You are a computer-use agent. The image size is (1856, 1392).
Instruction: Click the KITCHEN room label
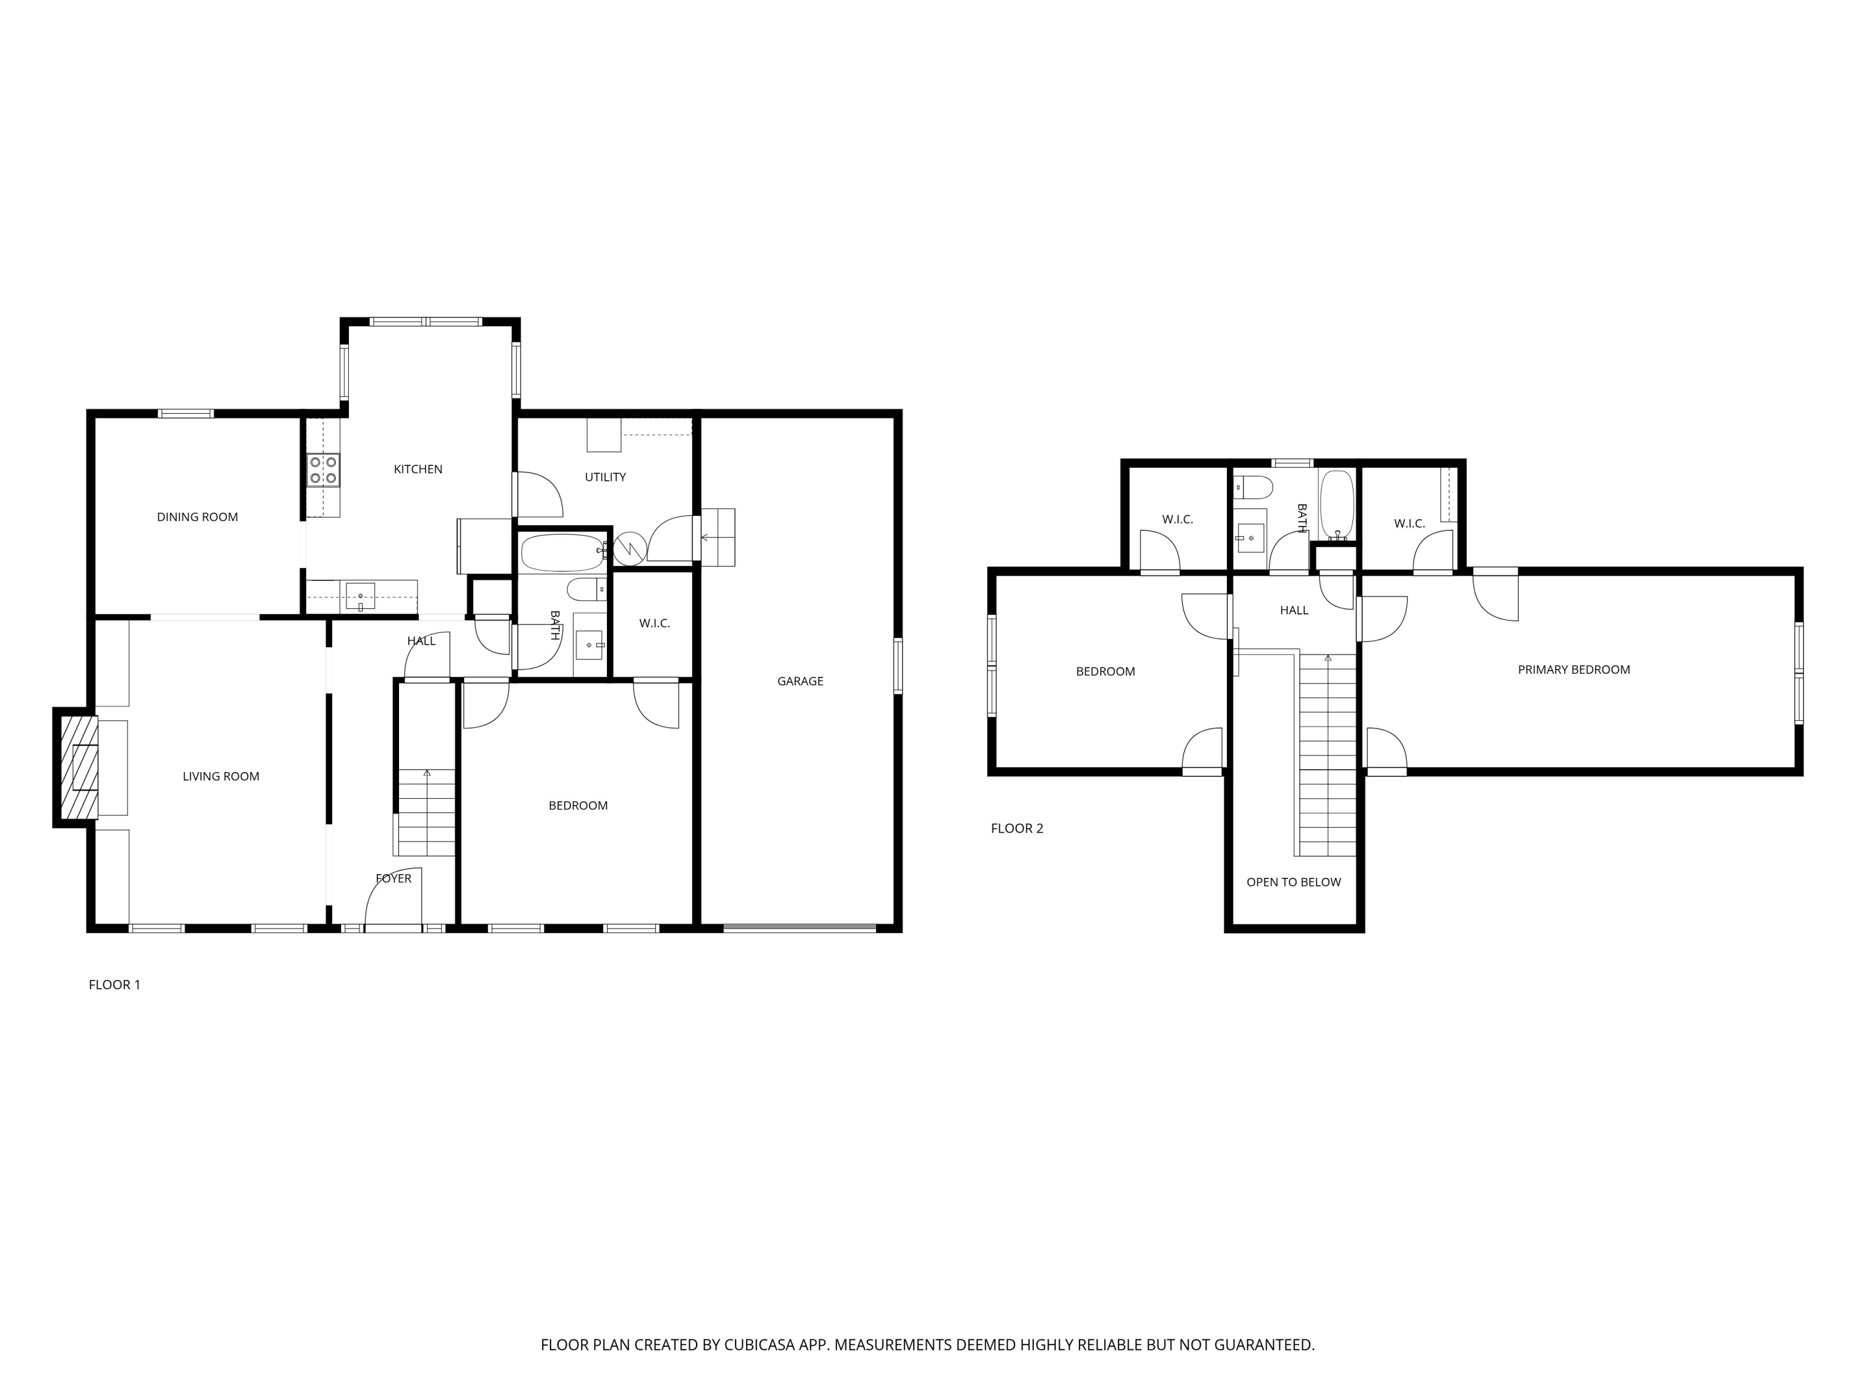tap(418, 469)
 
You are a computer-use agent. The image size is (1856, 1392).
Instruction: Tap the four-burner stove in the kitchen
tap(323, 470)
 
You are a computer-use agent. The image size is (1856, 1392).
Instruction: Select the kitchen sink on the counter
tap(360, 596)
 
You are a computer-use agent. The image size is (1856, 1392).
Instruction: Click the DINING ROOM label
tap(197, 517)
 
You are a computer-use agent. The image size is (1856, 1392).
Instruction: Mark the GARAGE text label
tap(799, 681)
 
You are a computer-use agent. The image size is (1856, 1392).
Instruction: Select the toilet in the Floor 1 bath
tap(586, 589)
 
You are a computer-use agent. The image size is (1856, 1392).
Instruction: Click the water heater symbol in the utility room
tap(629, 548)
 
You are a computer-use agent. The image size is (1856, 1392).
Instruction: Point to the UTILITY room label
tap(605, 476)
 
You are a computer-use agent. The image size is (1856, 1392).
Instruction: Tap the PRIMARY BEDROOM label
tap(1573, 669)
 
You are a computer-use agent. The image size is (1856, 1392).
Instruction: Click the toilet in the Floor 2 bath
tap(1255, 487)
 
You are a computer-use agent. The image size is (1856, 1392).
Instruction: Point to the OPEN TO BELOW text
tap(1293, 882)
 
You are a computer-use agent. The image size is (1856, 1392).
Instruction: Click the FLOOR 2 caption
tap(1017, 828)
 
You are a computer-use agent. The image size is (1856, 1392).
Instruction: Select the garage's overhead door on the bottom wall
tap(799, 928)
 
